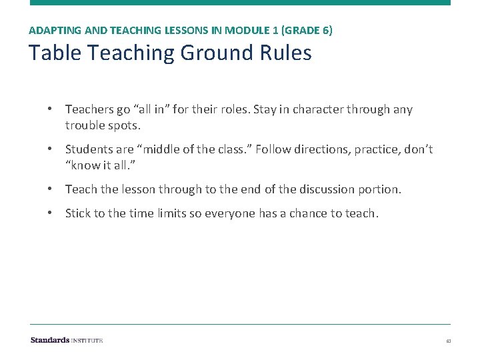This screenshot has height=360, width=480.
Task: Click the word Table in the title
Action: click(50, 53)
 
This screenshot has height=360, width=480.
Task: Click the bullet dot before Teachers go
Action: click(50, 109)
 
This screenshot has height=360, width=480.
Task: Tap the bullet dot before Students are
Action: click(50, 149)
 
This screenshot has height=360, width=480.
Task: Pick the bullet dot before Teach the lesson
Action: click(50, 189)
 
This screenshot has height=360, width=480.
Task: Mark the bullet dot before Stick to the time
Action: click(50, 213)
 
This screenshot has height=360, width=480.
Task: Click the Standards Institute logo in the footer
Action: click(66, 340)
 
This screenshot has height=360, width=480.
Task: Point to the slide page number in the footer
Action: click(449, 341)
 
